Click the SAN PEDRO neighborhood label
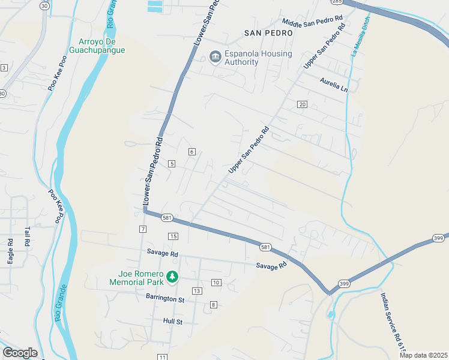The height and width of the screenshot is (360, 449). coord(268,33)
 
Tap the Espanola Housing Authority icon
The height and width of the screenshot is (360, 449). coord(214,58)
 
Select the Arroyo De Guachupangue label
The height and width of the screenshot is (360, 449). coord(101,46)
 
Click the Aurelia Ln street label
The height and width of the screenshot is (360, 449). coord(334,84)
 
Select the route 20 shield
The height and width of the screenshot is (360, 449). coord(302,104)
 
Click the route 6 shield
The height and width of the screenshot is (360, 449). coord(192,152)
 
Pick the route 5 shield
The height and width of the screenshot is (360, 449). coord(172,164)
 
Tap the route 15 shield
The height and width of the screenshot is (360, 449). coord(173,236)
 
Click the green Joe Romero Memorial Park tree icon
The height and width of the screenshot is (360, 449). coord(172,277)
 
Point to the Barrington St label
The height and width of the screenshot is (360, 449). coord(164,298)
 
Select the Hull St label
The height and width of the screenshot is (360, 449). coord(172,322)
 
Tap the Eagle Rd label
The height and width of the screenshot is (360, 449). coord(11,251)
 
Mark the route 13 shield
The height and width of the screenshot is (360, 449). coord(196,291)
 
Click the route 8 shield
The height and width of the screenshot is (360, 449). coord(213,305)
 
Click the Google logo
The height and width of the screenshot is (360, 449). coord(20,353)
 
